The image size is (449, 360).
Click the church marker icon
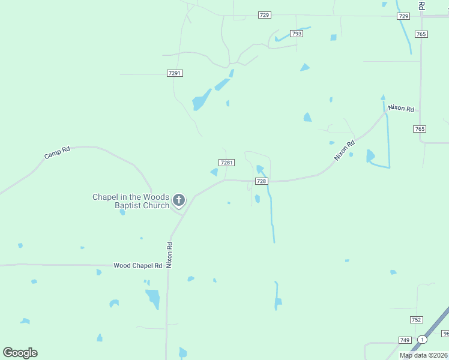178,200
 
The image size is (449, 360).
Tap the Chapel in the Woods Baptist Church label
130,201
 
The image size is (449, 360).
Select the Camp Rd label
57,152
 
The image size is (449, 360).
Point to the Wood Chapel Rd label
138,265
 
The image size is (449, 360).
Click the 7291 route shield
175,73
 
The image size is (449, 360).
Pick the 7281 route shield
226,163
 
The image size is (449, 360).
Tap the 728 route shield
261,181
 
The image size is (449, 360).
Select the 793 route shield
296,34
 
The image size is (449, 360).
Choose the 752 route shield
417,320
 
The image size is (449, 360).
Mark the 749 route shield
405,340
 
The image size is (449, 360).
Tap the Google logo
20,353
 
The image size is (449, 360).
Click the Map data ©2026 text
423,355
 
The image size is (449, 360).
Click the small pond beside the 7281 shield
214,172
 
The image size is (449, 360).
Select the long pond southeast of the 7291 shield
201,100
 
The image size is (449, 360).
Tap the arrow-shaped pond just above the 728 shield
259,169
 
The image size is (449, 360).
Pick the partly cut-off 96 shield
445,334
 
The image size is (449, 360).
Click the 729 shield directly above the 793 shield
265,15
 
